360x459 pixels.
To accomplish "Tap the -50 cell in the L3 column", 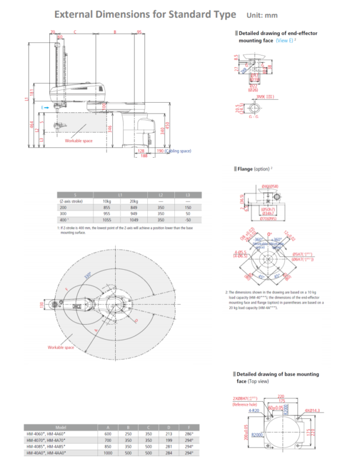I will click(187, 219).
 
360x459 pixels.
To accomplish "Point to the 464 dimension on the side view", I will click(32, 125).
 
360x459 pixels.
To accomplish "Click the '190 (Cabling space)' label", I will click(173, 151).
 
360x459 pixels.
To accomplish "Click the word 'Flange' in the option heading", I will click(248, 169).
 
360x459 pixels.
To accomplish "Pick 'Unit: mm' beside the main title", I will click(262, 15).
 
